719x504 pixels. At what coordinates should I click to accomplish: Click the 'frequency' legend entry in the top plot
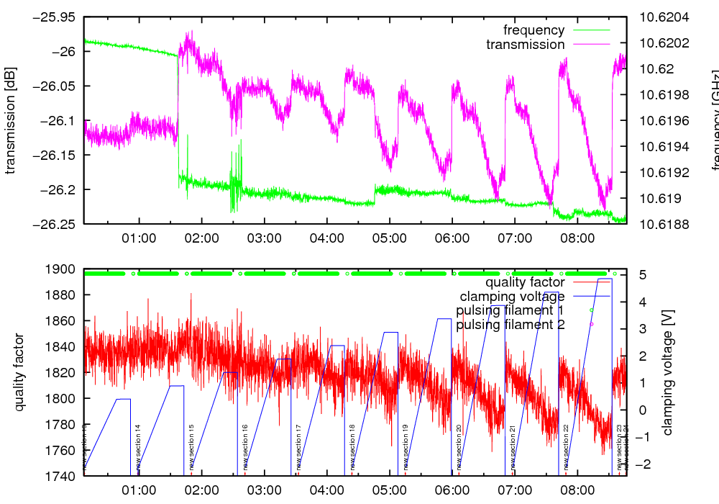pyautogui.click(x=533, y=30)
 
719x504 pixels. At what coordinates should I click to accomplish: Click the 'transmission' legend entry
pyautogui.click(x=525, y=45)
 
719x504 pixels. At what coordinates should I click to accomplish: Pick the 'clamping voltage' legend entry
pyautogui.click(x=512, y=296)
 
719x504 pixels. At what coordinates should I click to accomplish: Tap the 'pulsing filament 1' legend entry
pyautogui.click(x=509, y=310)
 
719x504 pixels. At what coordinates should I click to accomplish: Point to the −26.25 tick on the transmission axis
pyautogui.click(x=55, y=224)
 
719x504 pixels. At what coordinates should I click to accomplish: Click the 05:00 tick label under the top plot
pyautogui.click(x=389, y=238)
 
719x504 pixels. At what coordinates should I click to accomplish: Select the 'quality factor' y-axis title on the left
pyautogui.click(x=19, y=372)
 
